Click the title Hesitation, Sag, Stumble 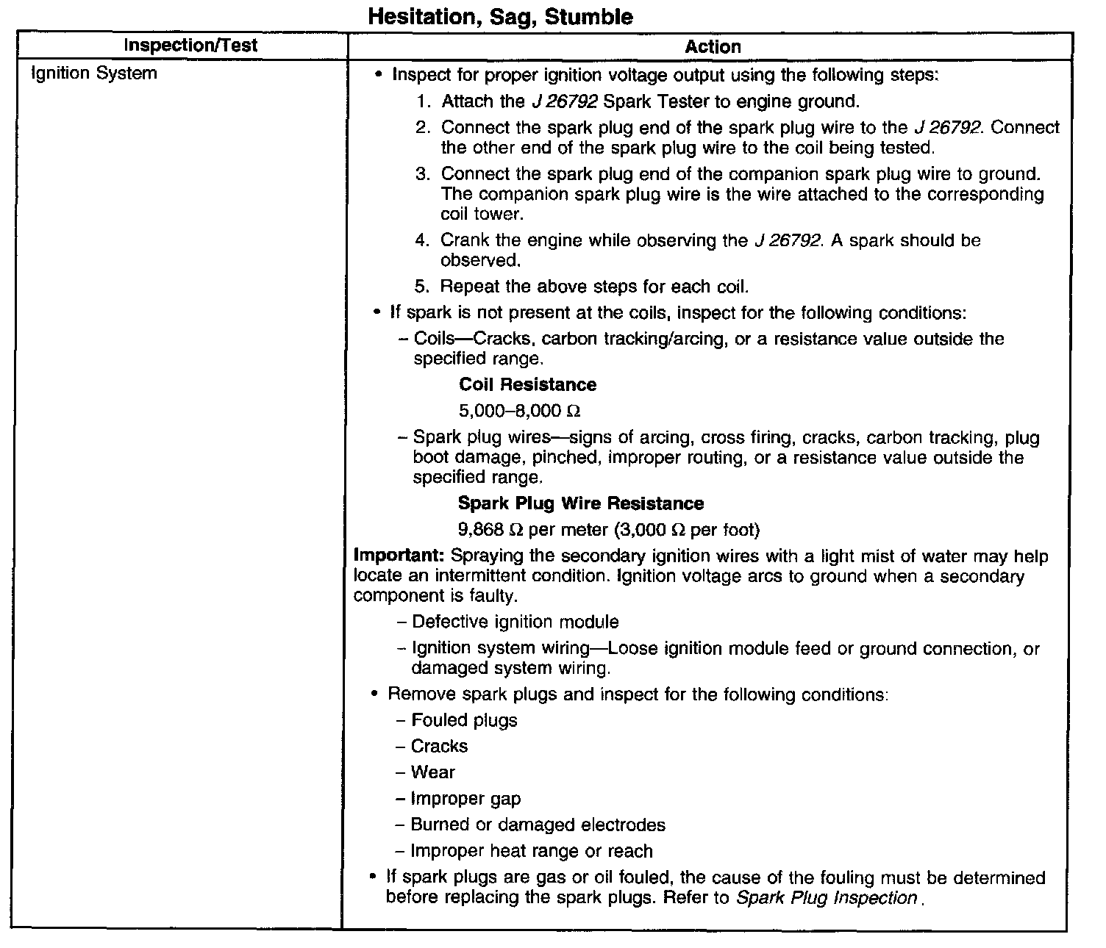tap(499, 16)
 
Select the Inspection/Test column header tap(190, 46)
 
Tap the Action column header tap(713, 47)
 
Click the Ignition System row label tap(93, 73)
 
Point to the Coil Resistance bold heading tap(527, 385)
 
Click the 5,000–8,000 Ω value tap(520, 411)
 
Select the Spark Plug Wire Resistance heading tap(581, 503)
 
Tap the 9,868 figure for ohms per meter tap(480, 530)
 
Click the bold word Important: tap(399, 556)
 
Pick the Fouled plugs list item tap(464, 721)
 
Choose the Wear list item tap(432, 772)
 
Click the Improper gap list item tap(465, 799)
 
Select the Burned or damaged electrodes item tap(538, 825)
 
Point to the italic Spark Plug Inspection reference tap(827, 898)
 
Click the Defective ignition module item tap(515, 622)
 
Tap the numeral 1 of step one tap(422, 101)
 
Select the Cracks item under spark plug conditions tap(439, 747)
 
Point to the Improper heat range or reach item tap(532, 852)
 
